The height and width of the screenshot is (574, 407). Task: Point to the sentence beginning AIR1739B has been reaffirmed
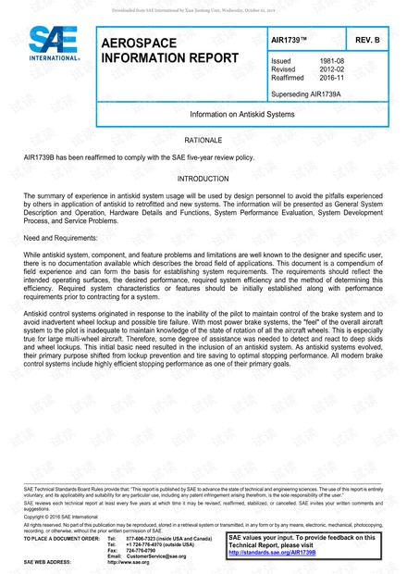click(x=134, y=157)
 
